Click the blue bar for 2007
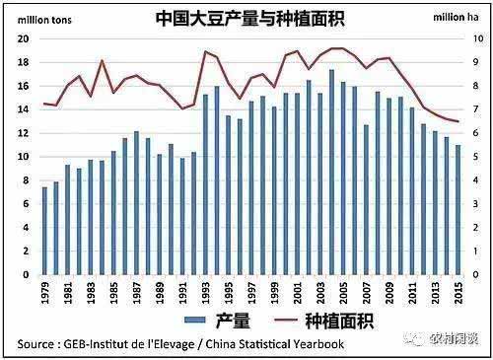[366, 200]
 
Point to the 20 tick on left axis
[23, 38]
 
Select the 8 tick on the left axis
[26, 180]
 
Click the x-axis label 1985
[113, 294]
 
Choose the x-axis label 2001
[298, 294]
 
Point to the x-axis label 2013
[435, 294]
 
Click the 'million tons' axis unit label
[36, 18]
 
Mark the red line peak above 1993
[205, 51]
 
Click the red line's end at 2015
[458, 121]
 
